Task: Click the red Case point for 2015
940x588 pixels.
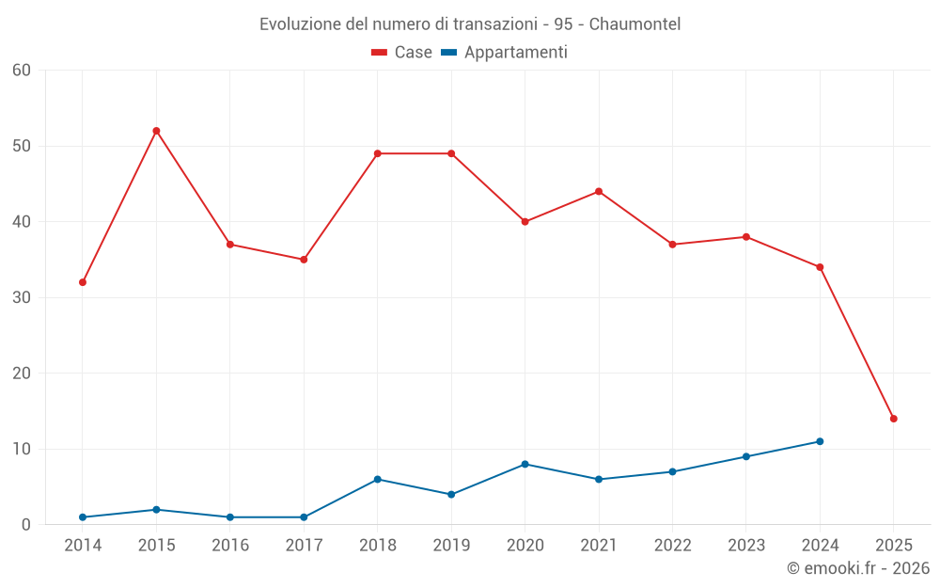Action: point(156,131)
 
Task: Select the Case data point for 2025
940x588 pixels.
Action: point(893,419)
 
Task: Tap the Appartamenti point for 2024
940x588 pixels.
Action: point(820,441)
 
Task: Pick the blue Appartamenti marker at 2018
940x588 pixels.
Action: point(377,479)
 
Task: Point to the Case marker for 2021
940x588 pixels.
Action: point(599,192)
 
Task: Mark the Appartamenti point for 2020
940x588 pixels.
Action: point(525,464)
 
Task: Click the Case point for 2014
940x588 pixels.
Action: point(83,282)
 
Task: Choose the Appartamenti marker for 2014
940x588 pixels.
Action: point(83,517)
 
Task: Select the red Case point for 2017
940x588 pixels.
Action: point(304,260)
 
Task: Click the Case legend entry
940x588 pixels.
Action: point(402,53)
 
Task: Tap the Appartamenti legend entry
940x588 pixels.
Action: point(505,53)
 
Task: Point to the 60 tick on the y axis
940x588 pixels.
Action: point(22,70)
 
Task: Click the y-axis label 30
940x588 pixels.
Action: point(22,297)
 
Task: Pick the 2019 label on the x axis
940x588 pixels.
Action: point(451,546)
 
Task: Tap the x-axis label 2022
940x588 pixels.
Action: point(672,546)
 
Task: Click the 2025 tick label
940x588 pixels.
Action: point(893,546)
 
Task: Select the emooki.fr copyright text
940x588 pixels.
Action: point(857,568)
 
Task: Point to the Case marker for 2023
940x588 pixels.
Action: point(746,237)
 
